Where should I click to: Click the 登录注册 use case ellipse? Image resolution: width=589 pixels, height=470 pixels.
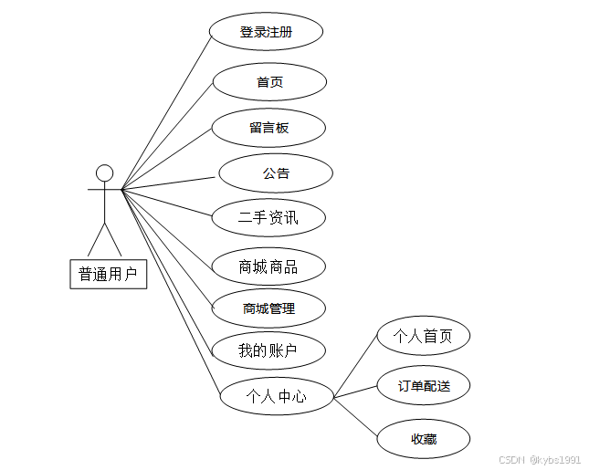click(x=266, y=32)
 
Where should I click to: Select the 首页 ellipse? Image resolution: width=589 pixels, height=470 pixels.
click(x=269, y=82)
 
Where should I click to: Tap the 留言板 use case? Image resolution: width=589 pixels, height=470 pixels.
click(x=268, y=128)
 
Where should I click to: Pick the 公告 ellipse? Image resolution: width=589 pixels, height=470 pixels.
click(x=276, y=173)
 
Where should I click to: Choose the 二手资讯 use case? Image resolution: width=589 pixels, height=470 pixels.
click(x=268, y=217)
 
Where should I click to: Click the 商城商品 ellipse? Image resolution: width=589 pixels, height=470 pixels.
click(x=268, y=266)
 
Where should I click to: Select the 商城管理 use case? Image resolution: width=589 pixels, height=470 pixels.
click(x=268, y=308)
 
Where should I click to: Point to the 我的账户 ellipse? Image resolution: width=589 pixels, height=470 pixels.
click(x=268, y=350)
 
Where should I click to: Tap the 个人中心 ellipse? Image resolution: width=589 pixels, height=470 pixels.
click(x=276, y=396)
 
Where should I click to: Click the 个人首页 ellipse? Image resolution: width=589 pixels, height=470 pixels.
click(x=423, y=336)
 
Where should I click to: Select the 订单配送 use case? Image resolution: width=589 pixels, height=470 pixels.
click(x=423, y=385)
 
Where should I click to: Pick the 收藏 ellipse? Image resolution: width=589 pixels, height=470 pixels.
click(x=423, y=439)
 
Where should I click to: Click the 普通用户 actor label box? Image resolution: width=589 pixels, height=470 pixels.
click(x=108, y=273)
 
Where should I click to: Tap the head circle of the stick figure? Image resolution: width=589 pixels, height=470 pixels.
click(x=105, y=172)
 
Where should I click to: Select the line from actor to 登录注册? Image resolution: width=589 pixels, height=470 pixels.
click(x=166, y=110)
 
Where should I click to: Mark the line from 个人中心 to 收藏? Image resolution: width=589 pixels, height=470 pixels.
click(x=356, y=419)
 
